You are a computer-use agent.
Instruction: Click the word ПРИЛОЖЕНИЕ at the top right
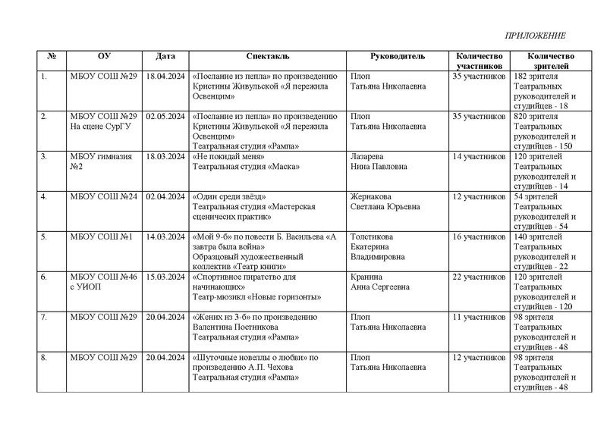click(x=536, y=36)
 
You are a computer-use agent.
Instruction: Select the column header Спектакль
click(x=267, y=56)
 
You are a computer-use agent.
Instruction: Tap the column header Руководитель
click(x=397, y=56)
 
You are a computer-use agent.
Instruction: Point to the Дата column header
click(x=165, y=56)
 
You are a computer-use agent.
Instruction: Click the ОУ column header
click(x=104, y=56)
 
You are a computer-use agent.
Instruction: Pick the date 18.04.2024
click(x=165, y=77)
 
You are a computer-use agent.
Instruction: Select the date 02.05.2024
click(x=165, y=117)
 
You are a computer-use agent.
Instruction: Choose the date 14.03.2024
click(x=165, y=236)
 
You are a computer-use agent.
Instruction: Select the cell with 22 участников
click(x=478, y=277)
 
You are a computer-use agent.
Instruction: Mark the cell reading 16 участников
click(x=478, y=236)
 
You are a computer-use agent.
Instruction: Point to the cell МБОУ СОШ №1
click(x=101, y=236)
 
